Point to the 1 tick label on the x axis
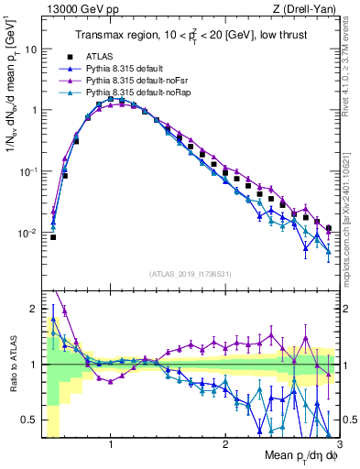tap(111, 443)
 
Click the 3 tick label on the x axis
tap(338, 443)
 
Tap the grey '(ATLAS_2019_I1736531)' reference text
tap(190, 274)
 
